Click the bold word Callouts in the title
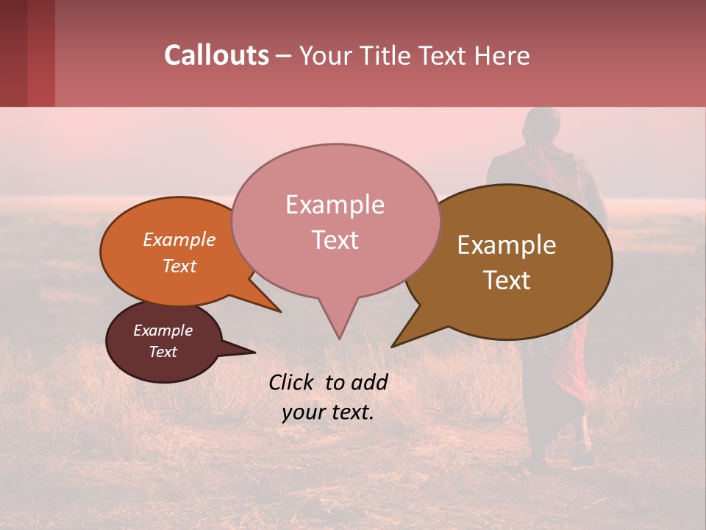(x=216, y=55)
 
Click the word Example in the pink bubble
(x=335, y=205)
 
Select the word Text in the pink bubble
(x=335, y=240)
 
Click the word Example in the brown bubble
(x=507, y=245)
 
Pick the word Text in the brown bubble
(x=507, y=280)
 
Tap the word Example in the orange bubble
(x=179, y=240)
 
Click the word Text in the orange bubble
(x=179, y=266)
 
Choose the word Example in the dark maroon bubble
(x=163, y=331)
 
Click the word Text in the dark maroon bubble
(x=163, y=352)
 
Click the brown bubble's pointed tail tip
(x=393, y=346)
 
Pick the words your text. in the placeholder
(x=328, y=412)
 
